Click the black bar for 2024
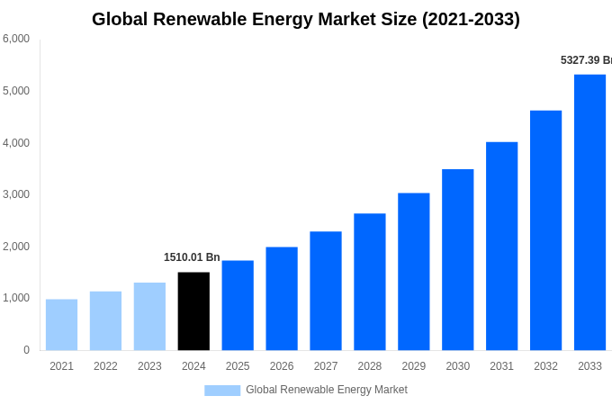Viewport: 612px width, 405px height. click(x=193, y=310)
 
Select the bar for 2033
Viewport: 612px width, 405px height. click(x=589, y=211)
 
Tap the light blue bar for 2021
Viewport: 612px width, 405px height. click(x=61, y=324)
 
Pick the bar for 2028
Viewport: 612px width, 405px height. click(x=369, y=282)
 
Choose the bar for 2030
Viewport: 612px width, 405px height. click(x=457, y=259)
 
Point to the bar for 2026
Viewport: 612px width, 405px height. click(x=282, y=298)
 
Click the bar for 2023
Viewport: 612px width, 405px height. click(x=149, y=316)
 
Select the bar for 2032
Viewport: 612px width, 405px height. click(x=545, y=229)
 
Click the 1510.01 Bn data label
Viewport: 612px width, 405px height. click(x=192, y=257)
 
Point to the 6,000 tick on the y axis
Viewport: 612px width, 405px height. click(x=16, y=39)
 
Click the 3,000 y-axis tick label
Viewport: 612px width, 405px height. click(x=16, y=194)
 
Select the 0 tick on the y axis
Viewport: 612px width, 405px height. click(x=26, y=350)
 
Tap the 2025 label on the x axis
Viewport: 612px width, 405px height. click(x=238, y=366)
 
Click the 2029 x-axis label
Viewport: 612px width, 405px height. click(x=413, y=366)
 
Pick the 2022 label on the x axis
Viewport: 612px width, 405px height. click(x=105, y=366)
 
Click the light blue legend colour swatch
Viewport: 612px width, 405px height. click(x=222, y=391)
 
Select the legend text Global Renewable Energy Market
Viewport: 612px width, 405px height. click(x=326, y=390)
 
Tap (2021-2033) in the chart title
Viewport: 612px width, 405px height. click(x=471, y=19)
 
